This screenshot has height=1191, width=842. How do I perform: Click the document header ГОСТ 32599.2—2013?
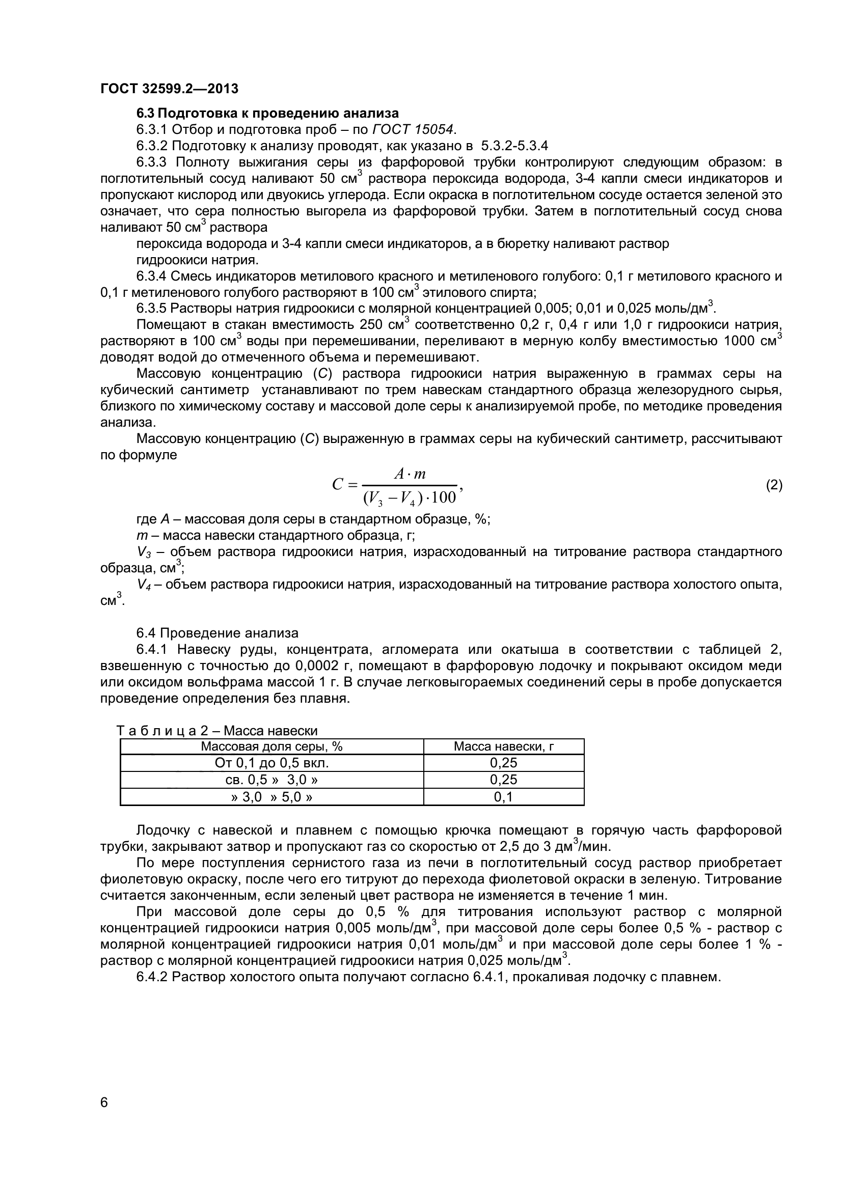169,89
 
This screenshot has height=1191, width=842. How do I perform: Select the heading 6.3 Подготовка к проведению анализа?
267,113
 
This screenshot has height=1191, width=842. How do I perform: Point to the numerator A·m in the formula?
410,473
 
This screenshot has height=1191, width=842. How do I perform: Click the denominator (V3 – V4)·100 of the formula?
410,497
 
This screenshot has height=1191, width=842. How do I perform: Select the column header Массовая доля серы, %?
271,746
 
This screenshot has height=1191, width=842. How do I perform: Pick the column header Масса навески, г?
503,746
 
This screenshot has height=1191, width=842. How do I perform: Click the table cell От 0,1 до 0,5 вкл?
271,763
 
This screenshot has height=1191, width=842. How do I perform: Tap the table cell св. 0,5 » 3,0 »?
271,779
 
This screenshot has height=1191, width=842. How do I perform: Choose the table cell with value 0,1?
503,796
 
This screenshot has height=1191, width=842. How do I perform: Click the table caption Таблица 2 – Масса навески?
217,730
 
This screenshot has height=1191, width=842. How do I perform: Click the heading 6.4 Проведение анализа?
218,633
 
